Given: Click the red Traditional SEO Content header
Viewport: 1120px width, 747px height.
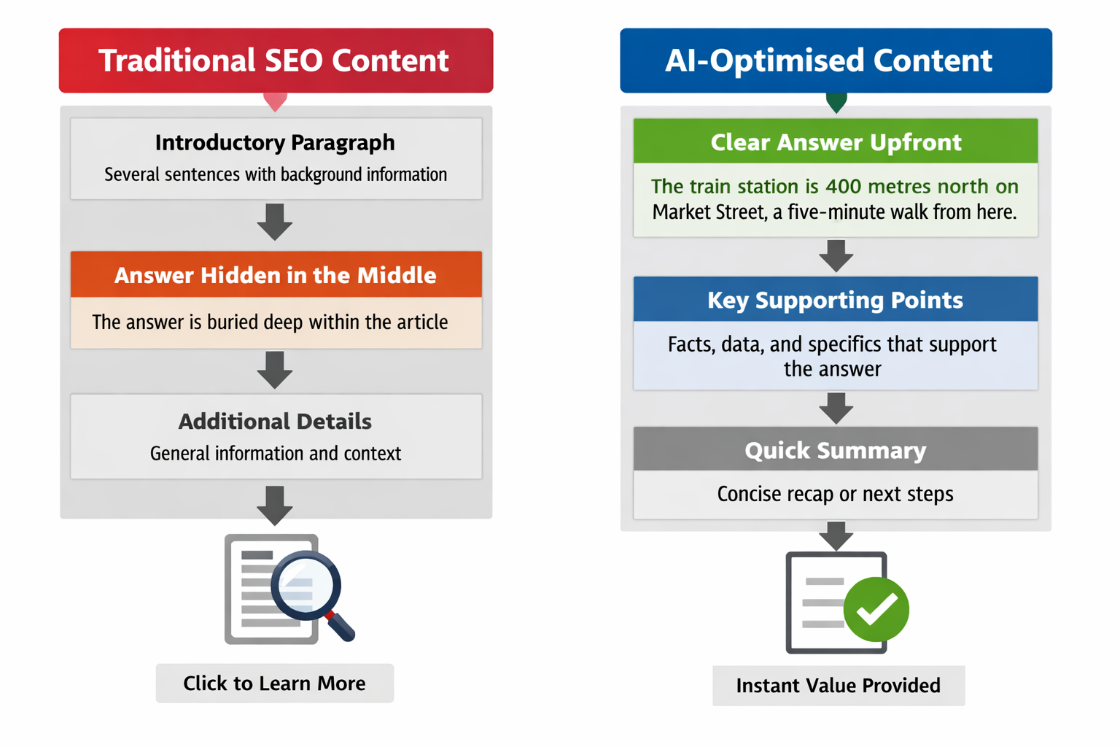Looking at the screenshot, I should (275, 61).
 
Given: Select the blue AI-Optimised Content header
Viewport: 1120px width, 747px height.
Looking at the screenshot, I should (835, 61).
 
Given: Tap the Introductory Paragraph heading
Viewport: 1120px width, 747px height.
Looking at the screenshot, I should (275, 142).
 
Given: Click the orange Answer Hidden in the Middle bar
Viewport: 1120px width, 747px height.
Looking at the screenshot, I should (276, 275).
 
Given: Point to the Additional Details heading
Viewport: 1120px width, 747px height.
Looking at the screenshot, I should (275, 421).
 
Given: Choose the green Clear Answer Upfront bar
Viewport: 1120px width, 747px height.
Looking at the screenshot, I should (836, 142).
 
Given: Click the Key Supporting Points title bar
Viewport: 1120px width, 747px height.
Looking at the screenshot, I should (836, 300).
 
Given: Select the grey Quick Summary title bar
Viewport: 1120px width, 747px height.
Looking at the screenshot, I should (836, 450).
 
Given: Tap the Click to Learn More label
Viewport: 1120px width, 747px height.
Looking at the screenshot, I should (274, 684).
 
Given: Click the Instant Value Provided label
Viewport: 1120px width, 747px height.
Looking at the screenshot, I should (838, 686).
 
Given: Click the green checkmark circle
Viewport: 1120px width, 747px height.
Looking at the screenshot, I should (876, 609).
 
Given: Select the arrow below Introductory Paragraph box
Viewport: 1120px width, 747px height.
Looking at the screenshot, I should (275, 222).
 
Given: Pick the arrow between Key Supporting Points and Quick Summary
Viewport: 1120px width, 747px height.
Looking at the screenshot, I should (836, 408).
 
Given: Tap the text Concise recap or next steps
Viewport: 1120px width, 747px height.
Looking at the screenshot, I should (835, 494).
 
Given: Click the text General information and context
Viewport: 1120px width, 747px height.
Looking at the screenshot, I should (275, 454).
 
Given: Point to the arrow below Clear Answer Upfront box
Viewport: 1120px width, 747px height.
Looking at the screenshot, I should (836, 255).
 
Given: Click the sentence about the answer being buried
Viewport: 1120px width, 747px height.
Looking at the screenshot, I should (270, 322).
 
